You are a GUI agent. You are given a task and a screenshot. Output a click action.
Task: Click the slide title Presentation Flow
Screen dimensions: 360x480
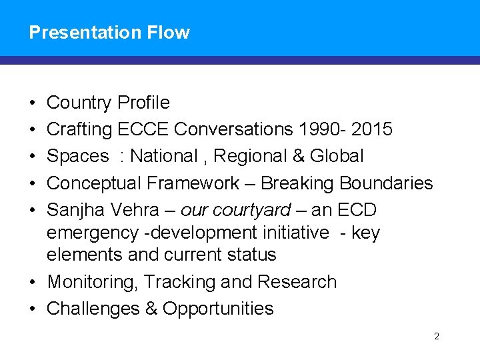109,33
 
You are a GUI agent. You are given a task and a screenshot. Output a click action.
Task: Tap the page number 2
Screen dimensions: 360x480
437,336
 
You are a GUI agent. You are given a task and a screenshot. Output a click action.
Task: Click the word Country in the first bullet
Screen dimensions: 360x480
79,103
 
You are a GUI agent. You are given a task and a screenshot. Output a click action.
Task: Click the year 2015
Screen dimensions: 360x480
371,129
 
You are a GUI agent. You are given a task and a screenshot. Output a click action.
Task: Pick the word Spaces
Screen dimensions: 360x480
78,156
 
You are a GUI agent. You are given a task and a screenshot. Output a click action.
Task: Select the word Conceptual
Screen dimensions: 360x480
94,183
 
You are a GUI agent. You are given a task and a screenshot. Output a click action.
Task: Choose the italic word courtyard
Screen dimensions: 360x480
259,210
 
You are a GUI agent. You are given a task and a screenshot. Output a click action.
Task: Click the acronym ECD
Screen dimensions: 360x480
357,210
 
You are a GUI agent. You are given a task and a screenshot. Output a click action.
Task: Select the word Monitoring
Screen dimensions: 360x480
93,282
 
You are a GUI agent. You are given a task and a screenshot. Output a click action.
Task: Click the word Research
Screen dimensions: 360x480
297,282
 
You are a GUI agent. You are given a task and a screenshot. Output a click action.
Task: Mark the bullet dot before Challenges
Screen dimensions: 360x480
33,309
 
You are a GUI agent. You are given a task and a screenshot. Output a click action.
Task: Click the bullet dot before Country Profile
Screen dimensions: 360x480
33,103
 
